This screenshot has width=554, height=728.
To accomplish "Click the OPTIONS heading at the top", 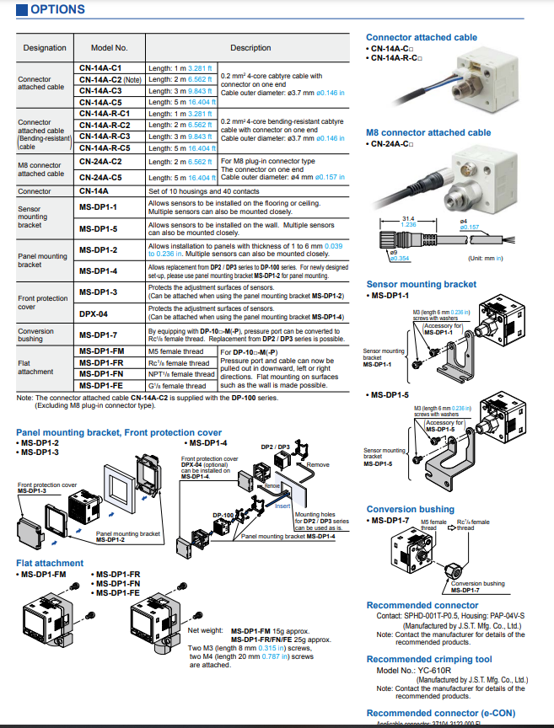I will coord(56,9).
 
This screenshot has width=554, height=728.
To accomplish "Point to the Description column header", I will coord(250,48).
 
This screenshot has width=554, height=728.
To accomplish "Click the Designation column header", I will coord(45,48).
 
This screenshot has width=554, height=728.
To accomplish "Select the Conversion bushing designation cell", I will coord(35,335).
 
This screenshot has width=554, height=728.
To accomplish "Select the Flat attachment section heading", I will coord(50,563).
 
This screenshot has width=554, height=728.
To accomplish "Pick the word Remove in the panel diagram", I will coord(318,464).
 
